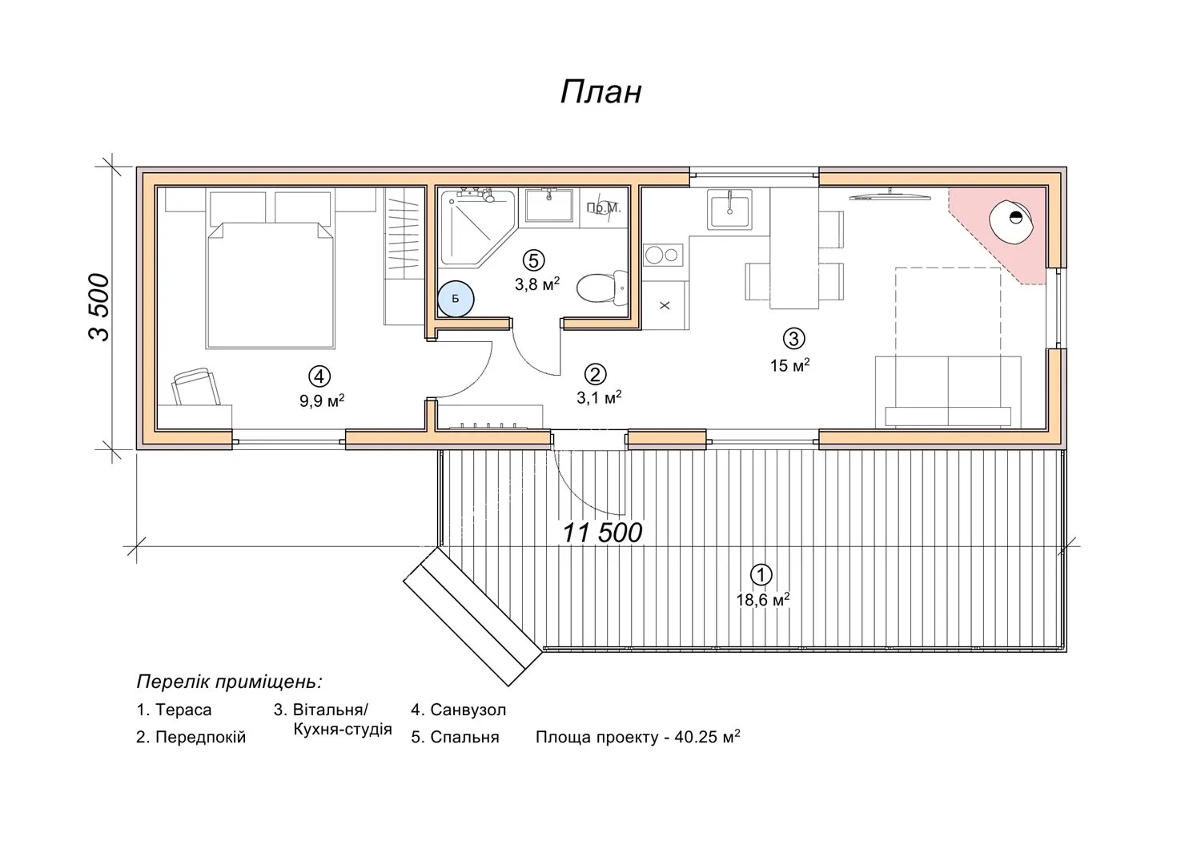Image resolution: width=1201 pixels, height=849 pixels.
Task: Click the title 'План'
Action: point(600,92)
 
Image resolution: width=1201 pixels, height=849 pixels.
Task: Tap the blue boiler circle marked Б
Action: point(456,299)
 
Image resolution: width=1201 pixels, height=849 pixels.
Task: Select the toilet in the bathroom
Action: point(602,287)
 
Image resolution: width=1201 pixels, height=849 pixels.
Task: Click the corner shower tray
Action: point(477,227)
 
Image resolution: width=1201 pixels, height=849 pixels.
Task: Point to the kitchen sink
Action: point(729,210)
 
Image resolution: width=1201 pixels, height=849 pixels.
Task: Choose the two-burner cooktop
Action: point(663,255)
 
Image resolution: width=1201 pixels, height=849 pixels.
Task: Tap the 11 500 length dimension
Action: point(601,533)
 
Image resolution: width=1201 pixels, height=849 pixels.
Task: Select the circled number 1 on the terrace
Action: point(761,575)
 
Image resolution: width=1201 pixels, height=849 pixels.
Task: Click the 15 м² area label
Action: point(789,365)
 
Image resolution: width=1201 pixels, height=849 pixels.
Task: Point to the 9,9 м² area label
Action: point(322,400)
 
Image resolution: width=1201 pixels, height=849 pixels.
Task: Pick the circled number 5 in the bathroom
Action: point(533,260)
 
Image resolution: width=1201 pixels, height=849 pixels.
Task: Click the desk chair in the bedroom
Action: point(195,386)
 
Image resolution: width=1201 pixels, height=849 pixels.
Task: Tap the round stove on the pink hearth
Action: point(1011,222)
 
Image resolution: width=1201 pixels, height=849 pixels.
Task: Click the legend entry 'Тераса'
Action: point(174,710)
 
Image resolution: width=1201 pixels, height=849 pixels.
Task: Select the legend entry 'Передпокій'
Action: point(191,738)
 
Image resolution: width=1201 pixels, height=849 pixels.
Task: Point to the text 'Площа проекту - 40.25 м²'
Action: point(638,737)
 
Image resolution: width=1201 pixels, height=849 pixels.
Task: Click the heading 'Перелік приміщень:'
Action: point(230,682)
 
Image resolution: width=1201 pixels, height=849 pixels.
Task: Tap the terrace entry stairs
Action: point(472,617)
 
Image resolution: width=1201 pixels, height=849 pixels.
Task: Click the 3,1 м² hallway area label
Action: point(599,397)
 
